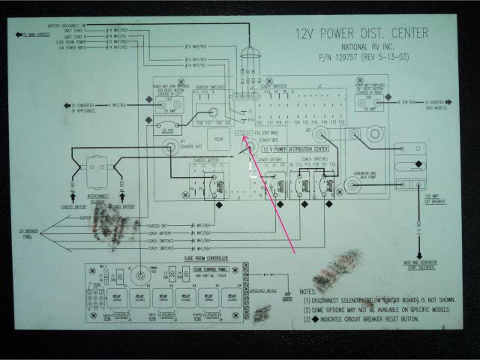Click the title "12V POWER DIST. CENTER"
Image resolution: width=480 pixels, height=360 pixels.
(361, 33)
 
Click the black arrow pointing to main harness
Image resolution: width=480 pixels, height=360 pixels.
(20, 34)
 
